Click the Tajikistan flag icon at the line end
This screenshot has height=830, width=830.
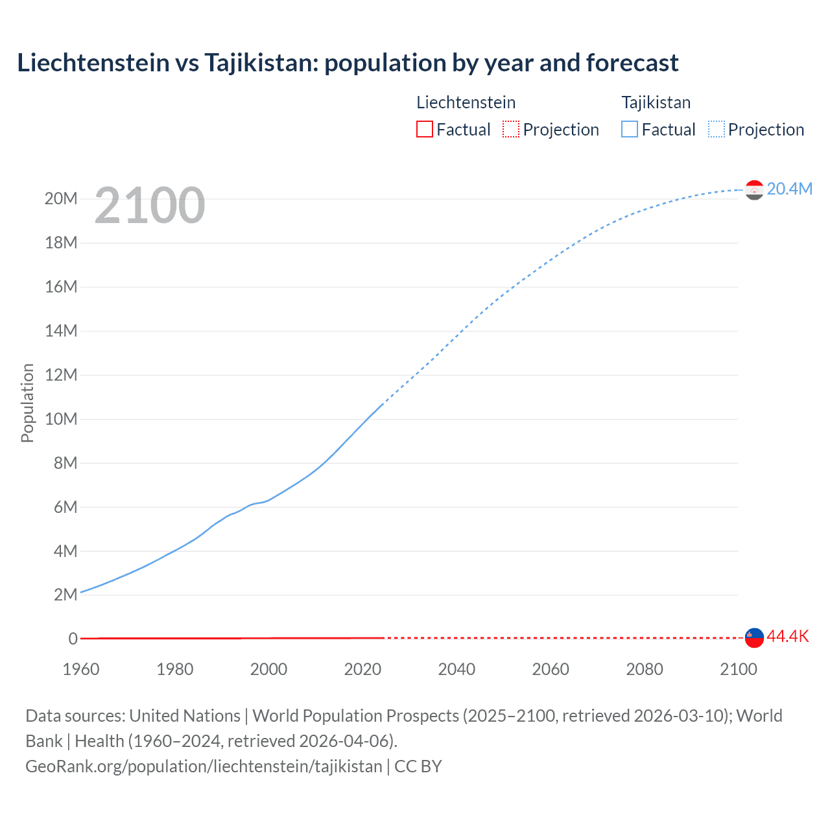tap(754, 190)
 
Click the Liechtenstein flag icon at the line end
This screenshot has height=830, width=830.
tap(754, 637)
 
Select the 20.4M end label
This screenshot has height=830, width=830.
tap(789, 189)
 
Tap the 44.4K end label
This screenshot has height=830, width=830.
tap(788, 636)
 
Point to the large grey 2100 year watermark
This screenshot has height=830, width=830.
tap(150, 206)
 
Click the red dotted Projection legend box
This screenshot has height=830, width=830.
tap(511, 129)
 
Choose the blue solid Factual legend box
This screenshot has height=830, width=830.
tap(630, 129)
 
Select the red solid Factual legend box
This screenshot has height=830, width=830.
tap(425, 129)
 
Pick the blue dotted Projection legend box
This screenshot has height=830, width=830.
tap(717, 129)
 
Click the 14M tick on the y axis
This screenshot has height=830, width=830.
tap(61, 331)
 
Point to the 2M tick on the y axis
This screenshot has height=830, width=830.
tap(65, 595)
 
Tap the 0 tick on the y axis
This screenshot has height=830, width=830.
tap(73, 639)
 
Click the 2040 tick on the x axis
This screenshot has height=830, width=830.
tap(456, 669)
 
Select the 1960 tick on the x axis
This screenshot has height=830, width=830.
tap(81, 669)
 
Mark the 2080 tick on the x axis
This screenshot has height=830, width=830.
tap(645, 669)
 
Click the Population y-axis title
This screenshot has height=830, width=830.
tap(27, 403)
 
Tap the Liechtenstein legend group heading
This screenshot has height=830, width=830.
tap(466, 102)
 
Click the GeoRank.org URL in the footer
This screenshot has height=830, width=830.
tap(204, 766)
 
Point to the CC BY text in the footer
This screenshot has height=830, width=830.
tap(418, 766)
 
